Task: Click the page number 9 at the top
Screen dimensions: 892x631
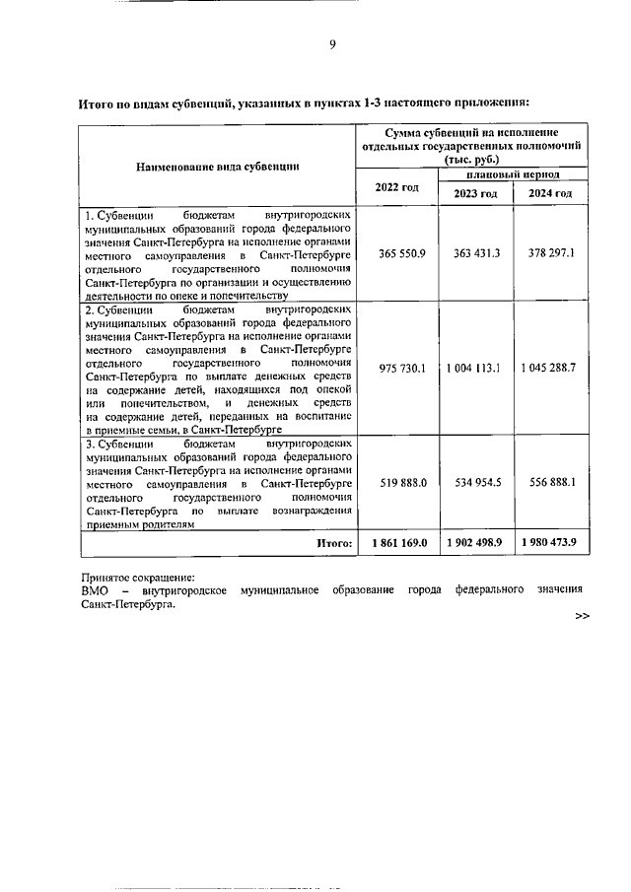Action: pos(332,42)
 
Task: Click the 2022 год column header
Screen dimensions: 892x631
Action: pos(396,187)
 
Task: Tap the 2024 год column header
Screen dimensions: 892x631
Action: pos(550,193)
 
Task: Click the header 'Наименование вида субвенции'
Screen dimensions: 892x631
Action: pos(218,166)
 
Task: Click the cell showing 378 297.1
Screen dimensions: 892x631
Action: pos(550,253)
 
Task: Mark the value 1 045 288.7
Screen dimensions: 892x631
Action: pos(550,368)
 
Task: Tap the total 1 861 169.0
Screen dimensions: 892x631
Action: pos(398,542)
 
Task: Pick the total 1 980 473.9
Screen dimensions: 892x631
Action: pos(550,542)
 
